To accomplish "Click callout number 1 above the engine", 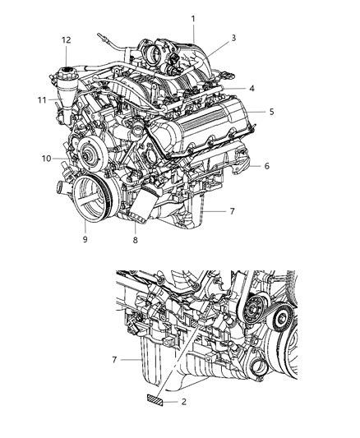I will (193, 18).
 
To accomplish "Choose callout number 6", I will (267, 165).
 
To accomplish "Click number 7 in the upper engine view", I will (233, 211).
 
